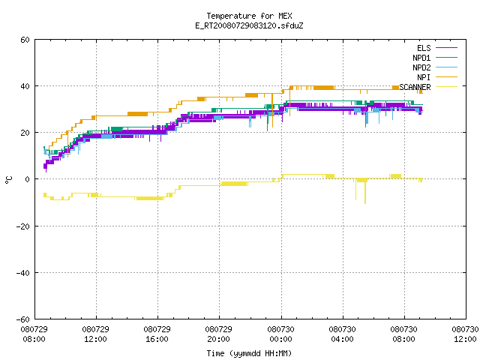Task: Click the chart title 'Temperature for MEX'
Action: coord(249,16)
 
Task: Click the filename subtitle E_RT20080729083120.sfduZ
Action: coord(249,25)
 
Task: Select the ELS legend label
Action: coord(424,48)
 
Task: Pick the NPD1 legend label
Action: coord(421,58)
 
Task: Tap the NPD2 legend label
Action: coord(421,67)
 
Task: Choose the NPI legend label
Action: coord(424,77)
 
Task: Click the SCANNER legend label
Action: coord(415,87)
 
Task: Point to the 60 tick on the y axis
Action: coord(25,40)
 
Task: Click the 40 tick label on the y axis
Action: coord(25,86)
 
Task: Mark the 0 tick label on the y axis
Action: coord(28,179)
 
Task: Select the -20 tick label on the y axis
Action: coord(23,226)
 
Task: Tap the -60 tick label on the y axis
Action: coord(23,319)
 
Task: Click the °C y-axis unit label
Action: coord(9,180)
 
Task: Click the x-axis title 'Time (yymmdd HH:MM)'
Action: coord(249,353)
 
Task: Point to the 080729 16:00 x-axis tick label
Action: coord(157,334)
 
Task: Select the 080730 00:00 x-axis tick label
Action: coord(280,334)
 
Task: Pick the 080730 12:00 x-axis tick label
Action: coord(465,334)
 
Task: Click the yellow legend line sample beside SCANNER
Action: coord(447,87)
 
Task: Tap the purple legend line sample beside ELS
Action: coord(447,48)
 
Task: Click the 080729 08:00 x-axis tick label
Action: coord(34,334)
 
